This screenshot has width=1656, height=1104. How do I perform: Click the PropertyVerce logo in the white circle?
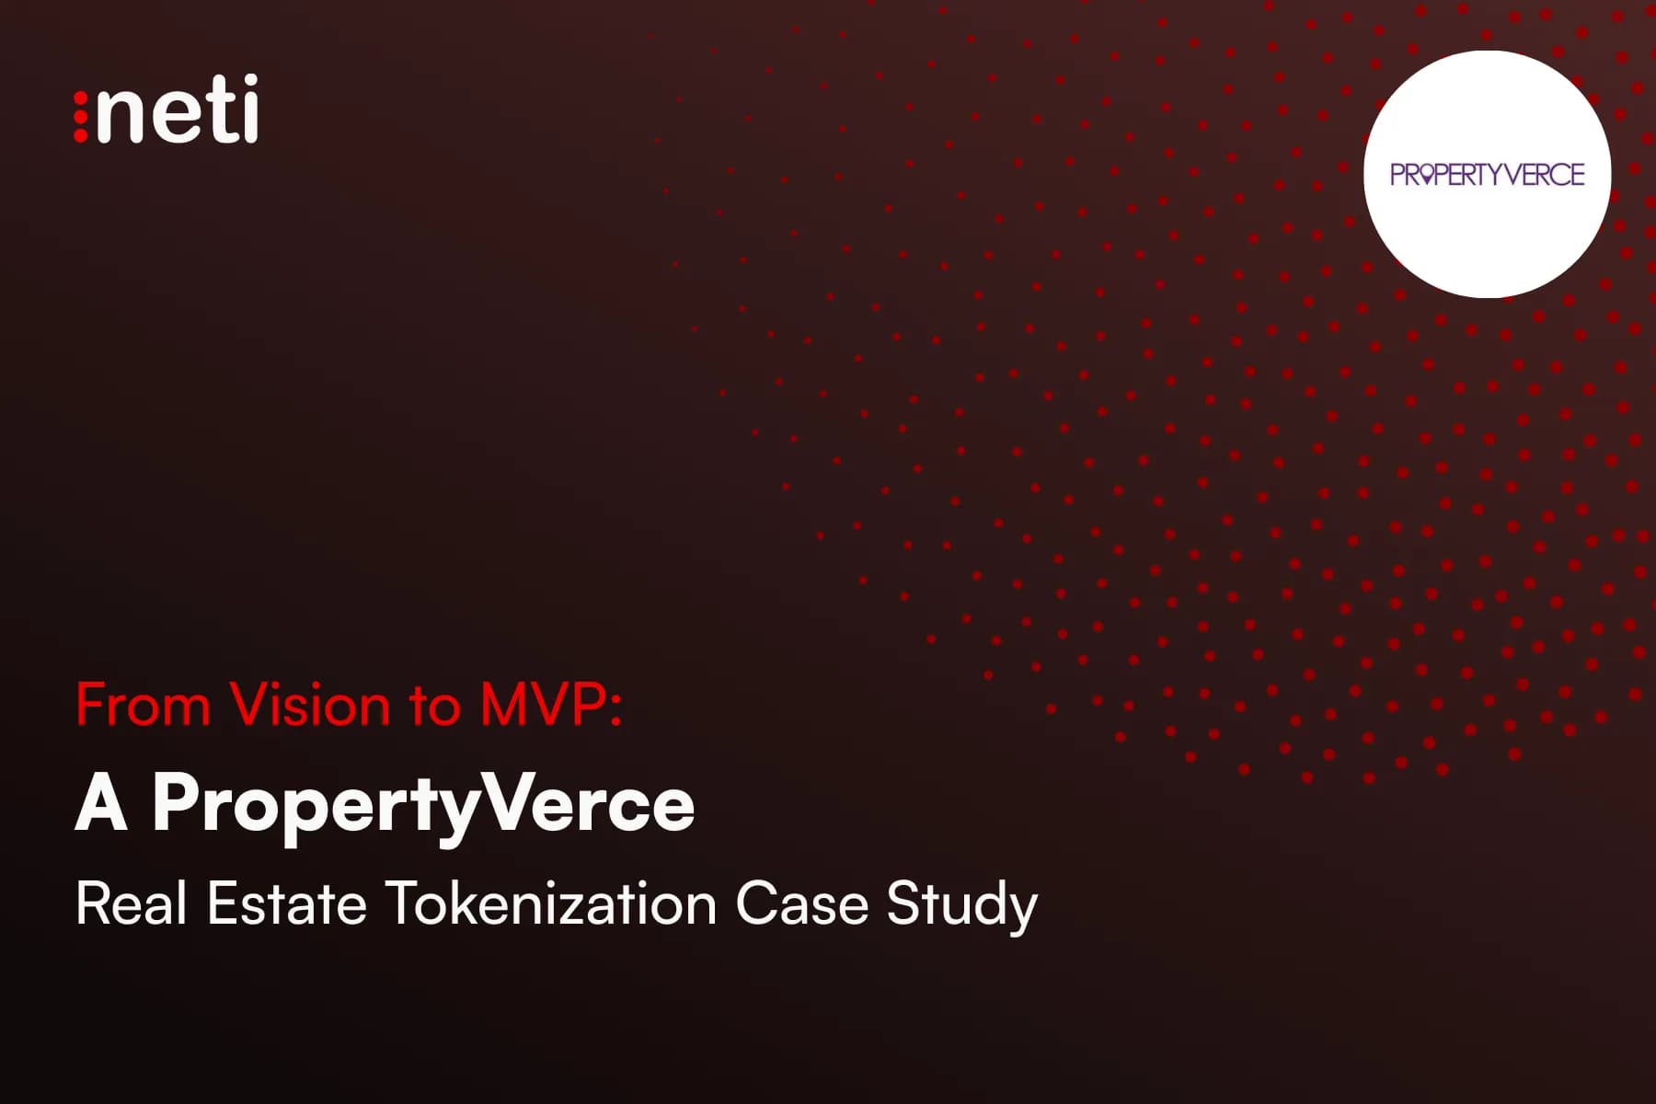pos(1487,174)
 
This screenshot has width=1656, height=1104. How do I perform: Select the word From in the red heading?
pos(143,706)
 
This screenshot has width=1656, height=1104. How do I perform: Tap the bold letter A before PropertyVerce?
pos(101,804)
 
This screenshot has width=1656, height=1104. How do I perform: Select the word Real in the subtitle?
pos(132,903)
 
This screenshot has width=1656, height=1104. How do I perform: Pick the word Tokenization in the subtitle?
pos(551,903)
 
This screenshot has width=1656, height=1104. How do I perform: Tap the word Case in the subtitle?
pos(801,903)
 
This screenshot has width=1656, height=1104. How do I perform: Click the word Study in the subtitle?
pos(961,905)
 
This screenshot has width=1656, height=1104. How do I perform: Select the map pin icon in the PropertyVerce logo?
pos(1425,175)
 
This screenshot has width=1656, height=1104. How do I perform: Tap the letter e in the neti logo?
pos(170,117)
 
